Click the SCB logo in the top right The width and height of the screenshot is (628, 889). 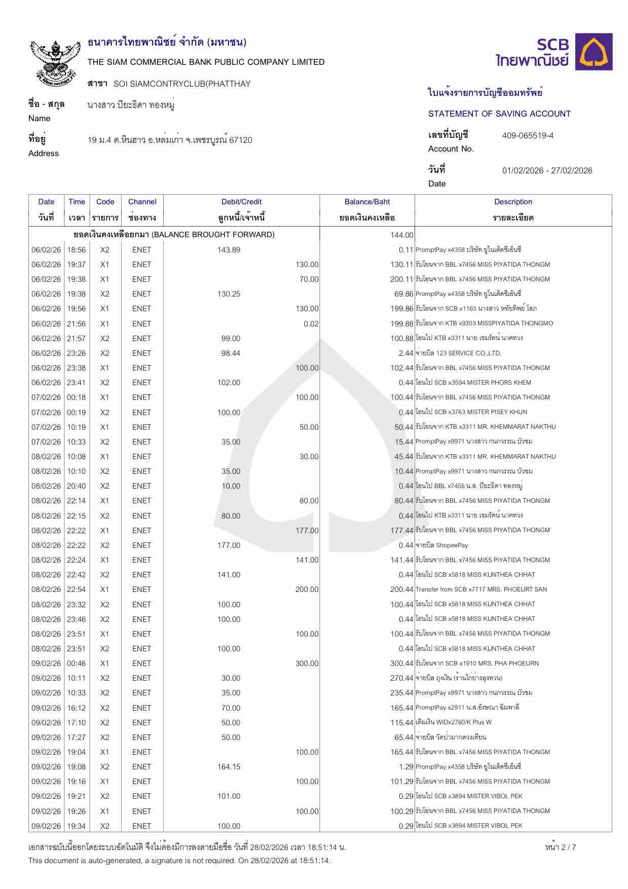(x=554, y=52)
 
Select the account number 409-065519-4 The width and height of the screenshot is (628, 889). (x=528, y=136)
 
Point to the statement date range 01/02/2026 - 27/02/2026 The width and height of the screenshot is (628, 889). (x=547, y=171)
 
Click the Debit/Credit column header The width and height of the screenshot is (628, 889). (x=241, y=202)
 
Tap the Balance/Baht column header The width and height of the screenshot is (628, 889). (x=367, y=202)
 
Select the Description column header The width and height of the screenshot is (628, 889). (x=513, y=202)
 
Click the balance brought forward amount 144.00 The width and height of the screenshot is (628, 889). (x=402, y=235)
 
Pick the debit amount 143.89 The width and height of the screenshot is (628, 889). (x=229, y=250)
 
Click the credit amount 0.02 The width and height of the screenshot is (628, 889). (x=311, y=324)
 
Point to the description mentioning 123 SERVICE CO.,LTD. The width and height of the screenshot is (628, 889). (x=459, y=353)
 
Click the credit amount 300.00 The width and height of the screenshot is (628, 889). (x=307, y=663)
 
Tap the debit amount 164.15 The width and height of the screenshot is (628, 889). (x=229, y=767)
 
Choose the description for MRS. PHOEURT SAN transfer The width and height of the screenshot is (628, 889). (x=481, y=589)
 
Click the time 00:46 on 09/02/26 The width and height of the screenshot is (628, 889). (x=77, y=663)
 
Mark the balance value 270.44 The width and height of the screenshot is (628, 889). (x=402, y=678)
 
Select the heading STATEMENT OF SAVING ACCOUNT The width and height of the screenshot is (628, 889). (x=499, y=114)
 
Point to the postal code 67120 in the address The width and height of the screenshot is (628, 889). (x=241, y=140)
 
